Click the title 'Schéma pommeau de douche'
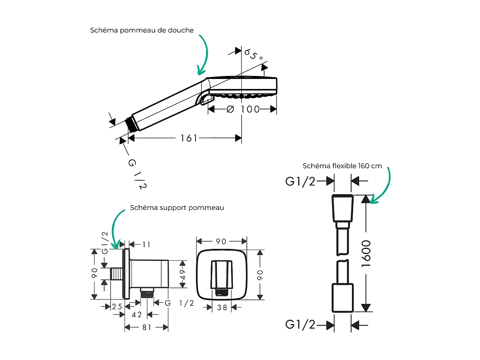pyautogui.click(x=142, y=30)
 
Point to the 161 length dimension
pyautogui.click(x=189, y=138)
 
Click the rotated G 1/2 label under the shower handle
pyautogui.click(x=137, y=174)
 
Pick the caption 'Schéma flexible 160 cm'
pyautogui.click(x=342, y=166)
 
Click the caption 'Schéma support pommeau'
pyautogui.click(x=177, y=208)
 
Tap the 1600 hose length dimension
pyautogui.click(x=366, y=254)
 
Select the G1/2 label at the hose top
pyautogui.click(x=300, y=181)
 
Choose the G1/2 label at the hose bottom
pyautogui.click(x=300, y=324)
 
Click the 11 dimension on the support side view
pyautogui.click(x=146, y=245)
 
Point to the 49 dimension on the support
pyautogui.click(x=183, y=275)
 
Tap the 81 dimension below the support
pyautogui.click(x=147, y=327)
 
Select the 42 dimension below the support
pyautogui.click(x=137, y=315)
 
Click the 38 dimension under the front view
pyautogui.click(x=222, y=308)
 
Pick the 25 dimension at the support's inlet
pyautogui.click(x=117, y=307)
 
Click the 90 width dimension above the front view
pyautogui.click(x=221, y=242)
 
